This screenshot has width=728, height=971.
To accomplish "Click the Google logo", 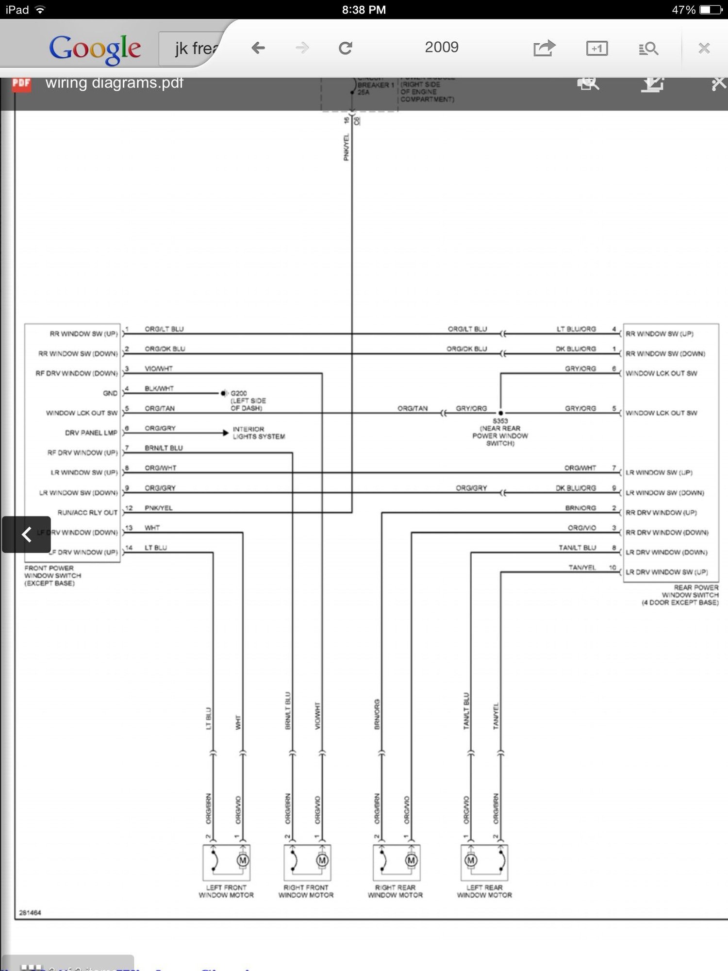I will (x=95, y=49).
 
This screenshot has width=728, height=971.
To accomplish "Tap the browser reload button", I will (x=345, y=48).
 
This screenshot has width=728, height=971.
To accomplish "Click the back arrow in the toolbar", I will (x=258, y=48).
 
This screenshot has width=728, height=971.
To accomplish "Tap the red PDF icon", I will (x=21, y=84).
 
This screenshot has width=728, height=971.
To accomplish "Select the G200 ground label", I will (x=239, y=393).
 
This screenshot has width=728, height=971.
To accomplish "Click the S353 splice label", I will (x=500, y=421).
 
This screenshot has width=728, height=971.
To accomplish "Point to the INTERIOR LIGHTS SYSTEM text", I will (x=259, y=433).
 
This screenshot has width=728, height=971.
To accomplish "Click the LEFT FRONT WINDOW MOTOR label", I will (x=226, y=891).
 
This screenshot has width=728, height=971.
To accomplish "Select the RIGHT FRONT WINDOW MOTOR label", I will (x=306, y=891).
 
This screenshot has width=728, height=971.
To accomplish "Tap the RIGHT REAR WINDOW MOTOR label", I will (x=395, y=891).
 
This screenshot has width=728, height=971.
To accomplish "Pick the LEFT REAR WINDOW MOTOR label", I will (x=484, y=891).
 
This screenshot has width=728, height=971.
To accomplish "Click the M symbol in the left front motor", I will (x=243, y=860).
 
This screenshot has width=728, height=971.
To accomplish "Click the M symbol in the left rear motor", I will (x=470, y=860).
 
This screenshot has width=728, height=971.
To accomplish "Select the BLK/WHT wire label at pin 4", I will (x=159, y=388).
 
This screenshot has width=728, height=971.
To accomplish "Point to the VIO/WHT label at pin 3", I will (x=158, y=368).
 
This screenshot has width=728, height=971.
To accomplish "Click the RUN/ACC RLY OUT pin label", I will (x=87, y=513).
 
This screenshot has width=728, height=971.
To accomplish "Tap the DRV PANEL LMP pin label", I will (x=91, y=433).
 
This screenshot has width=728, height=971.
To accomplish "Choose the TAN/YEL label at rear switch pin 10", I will (x=582, y=568).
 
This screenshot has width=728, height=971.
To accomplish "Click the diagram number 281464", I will (x=30, y=913).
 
